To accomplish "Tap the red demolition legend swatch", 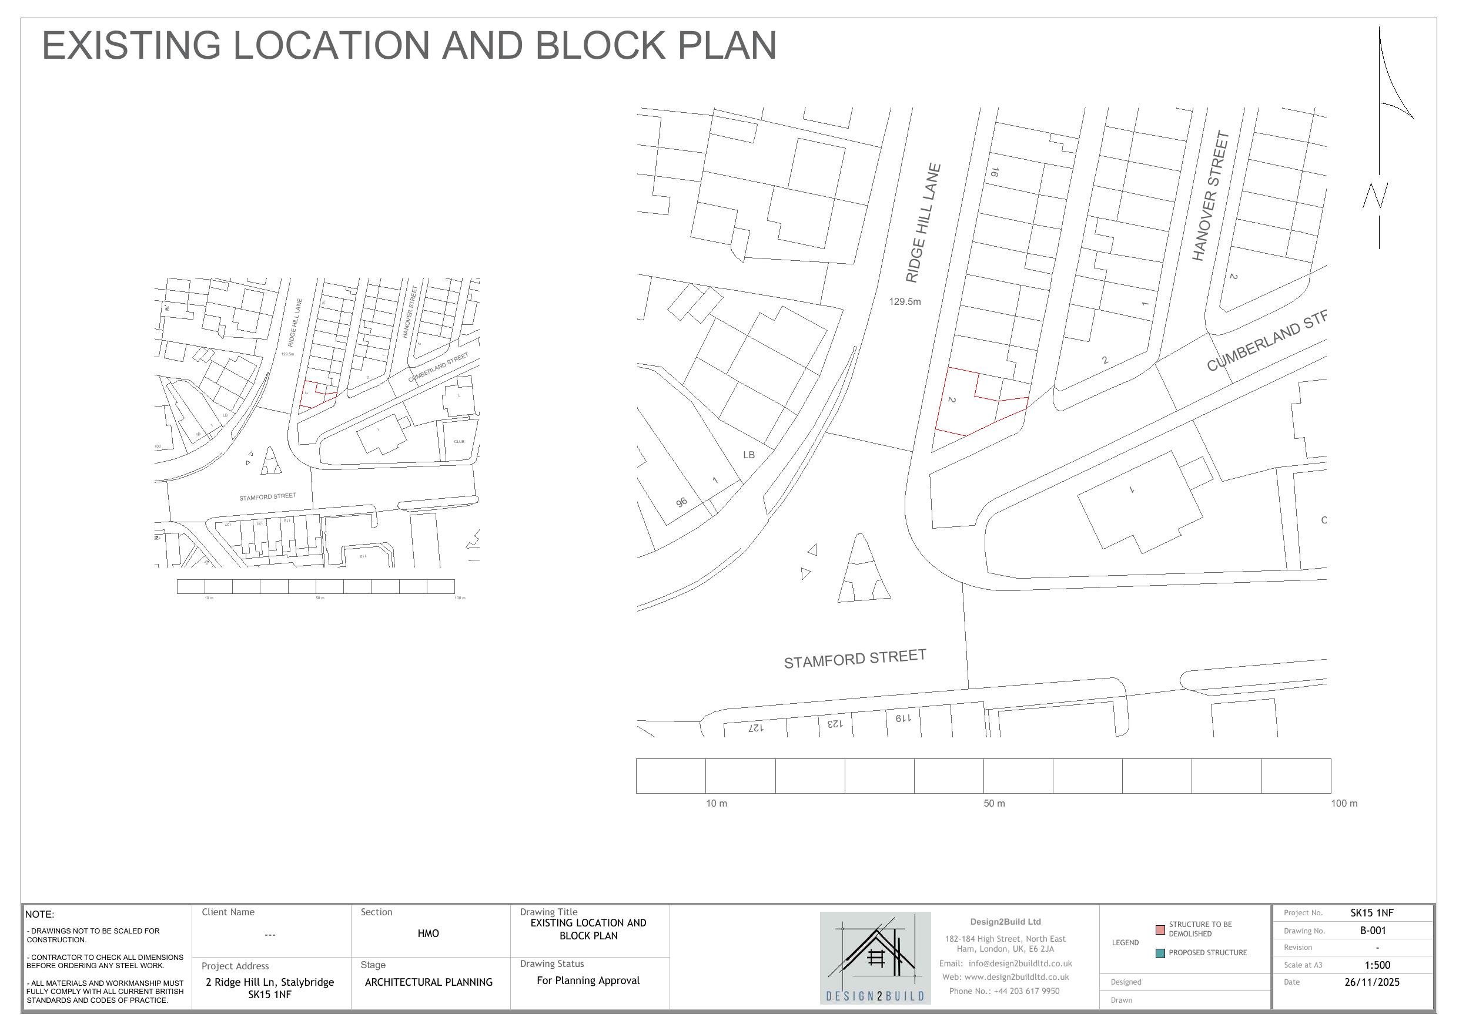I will coord(1160,929).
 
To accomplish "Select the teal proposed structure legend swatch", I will coord(1160,953).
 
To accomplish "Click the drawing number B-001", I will coord(1373,931).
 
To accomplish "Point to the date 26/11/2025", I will coord(1372,982).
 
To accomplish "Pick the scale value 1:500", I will coord(1377,965).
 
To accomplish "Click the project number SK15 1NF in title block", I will coord(1372,913).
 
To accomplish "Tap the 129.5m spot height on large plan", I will coord(904,302).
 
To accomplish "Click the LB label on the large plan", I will coord(748,455).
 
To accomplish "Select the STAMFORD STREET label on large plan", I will coord(855,659).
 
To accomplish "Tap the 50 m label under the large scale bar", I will coord(994,804).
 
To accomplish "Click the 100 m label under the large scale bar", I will coord(1344,804).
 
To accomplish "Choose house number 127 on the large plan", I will coord(755,728).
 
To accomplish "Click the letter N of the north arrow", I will coord(1375,195).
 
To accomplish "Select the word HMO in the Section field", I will coord(429,933).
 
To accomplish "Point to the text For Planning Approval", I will coord(588,980).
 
